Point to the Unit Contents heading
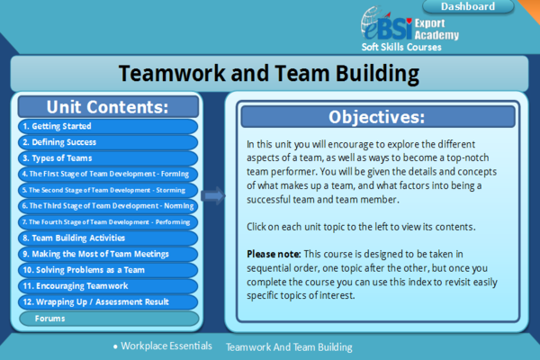[x=107, y=107]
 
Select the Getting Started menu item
[x=107, y=126]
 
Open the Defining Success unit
[x=107, y=142]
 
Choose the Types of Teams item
[x=107, y=158]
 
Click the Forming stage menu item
[x=107, y=174]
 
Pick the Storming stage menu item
[x=107, y=190]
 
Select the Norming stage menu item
[x=107, y=206]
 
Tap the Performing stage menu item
[x=107, y=222]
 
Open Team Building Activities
[x=107, y=238]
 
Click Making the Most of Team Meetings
[x=107, y=254]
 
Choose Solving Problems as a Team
[x=107, y=270]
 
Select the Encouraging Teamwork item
[x=107, y=286]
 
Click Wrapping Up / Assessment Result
[x=107, y=302]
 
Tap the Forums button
[x=107, y=318]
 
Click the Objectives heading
[x=376, y=117]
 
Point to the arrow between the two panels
[x=213, y=194]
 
